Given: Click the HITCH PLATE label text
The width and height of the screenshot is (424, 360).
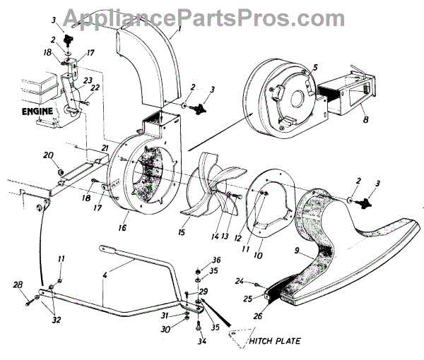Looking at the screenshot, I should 275,341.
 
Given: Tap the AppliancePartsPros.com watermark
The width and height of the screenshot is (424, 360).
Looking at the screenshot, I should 211,16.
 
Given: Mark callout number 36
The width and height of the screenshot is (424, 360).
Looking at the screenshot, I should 217,258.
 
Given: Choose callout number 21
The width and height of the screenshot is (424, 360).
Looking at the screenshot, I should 103,146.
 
